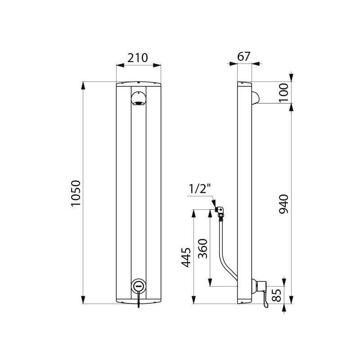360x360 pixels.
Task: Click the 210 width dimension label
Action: point(138,58)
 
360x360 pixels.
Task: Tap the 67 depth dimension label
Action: point(243,57)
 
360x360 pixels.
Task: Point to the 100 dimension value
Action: point(283,93)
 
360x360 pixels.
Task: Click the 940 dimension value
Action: point(283,205)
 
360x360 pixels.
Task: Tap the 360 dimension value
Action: point(203,248)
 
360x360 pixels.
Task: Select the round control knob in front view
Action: point(139,285)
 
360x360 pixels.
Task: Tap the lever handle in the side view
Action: point(262,297)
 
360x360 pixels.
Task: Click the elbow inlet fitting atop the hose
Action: point(221,210)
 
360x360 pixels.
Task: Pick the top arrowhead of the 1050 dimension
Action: point(83,86)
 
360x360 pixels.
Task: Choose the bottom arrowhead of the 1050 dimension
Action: point(83,300)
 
